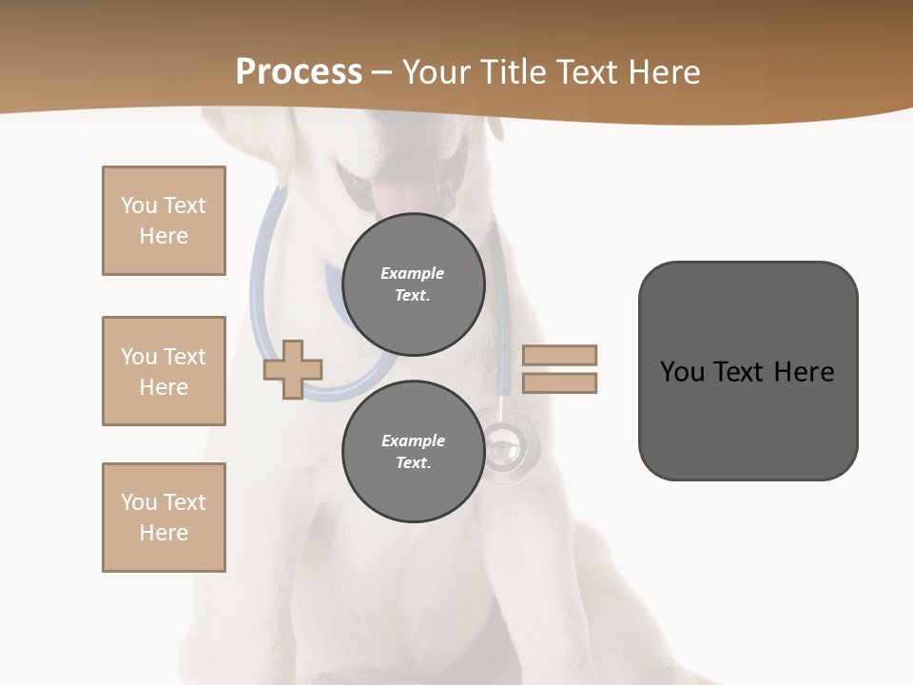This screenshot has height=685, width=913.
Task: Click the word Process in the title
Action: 299,72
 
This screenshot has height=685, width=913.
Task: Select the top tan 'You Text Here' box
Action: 164,221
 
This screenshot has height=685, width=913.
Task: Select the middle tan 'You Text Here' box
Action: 164,371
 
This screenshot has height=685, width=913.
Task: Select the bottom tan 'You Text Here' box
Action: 164,517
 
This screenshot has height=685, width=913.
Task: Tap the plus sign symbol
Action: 293,370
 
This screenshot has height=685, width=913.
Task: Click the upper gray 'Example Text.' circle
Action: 414,284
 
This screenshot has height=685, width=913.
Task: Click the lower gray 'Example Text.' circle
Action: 414,451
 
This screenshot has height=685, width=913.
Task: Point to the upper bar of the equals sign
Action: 559,355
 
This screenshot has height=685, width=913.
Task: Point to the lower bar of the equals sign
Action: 559,382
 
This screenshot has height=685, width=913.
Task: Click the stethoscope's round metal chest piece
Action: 509,444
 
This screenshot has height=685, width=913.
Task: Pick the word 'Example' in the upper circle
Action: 413,273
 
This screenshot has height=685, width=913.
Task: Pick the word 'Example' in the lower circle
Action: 413,440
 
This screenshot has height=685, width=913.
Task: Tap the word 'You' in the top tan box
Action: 138,205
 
